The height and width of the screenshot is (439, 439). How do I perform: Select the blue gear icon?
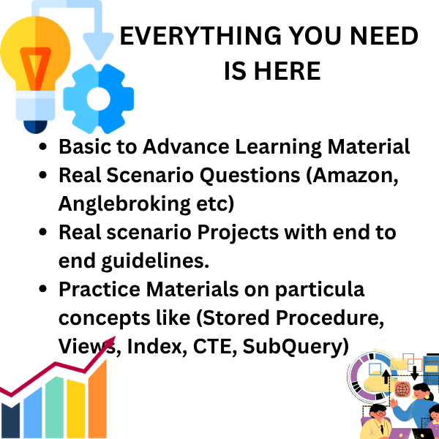pyautogui.click(x=99, y=99)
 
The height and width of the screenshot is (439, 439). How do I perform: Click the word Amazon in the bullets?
pyautogui.click(x=353, y=176)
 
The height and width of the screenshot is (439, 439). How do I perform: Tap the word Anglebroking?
pyautogui.click(x=124, y=204)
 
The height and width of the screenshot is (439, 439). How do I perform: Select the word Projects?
pyautogui.click(x=238, y=233)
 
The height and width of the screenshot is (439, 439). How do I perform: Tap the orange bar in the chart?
pyautogui.click(x=98, y=399)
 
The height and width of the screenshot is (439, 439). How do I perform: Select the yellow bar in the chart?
pyautogui.click(x=75, y=409)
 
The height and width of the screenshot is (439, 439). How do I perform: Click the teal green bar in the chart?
pyautogui.click(x=54, y=408)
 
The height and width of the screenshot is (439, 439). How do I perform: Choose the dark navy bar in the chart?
pyautogui.click(x=11, y=420)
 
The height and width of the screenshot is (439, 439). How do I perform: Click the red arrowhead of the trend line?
pyautogui.click(x=110, y=342)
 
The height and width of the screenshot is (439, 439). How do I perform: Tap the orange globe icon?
pyautogui.click(x=402, y=389)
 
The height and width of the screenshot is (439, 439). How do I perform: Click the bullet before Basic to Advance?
pyautogui.click(x=43, y=146)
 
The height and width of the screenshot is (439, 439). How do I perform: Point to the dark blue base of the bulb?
pyautogui.click(x=35, y=127)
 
